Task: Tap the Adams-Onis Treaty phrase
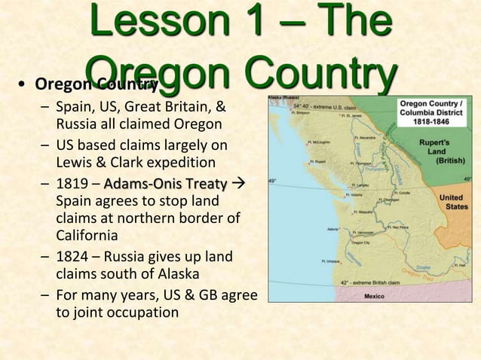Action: pyautogui.click(x=165, y=184)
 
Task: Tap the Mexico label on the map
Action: pyautogui.click(x=374, y=296)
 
